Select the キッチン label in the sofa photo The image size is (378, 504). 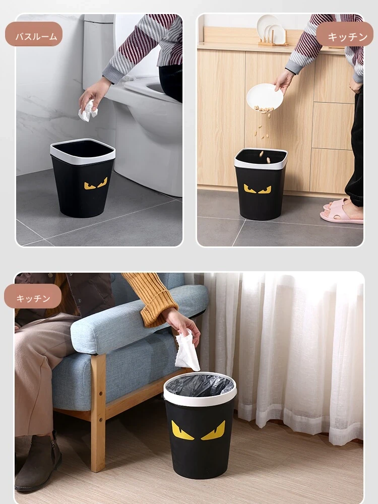[x=33, y=298]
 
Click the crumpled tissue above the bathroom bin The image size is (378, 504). [x=88, y=111]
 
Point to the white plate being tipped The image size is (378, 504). [x=265, y=96]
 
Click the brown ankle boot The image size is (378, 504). [x=38, y=463]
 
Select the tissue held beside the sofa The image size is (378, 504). [x=187, y=352]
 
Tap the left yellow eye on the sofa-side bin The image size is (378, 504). [x=181, y=431]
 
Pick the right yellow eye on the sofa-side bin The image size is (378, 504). [x=214, y=431]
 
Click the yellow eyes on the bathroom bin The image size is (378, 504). [x=96, y=184]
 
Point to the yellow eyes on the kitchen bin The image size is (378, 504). [x=258, y=189]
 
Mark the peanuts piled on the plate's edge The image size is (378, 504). [x=264, y=109]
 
